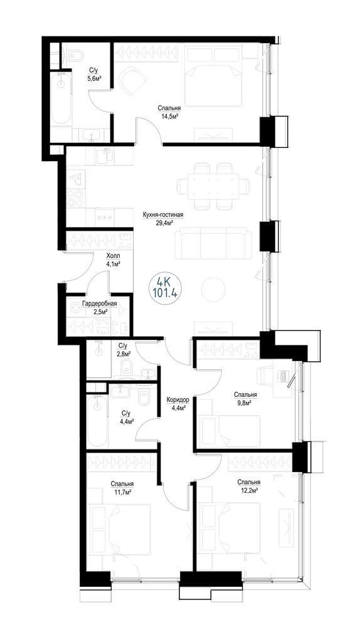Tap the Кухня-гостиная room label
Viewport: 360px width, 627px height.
[163, 215]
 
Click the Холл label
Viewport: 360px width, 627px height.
[113, 256]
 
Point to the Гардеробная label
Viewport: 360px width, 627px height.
[100, 304]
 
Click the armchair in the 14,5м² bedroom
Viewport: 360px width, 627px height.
[132, 80]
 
